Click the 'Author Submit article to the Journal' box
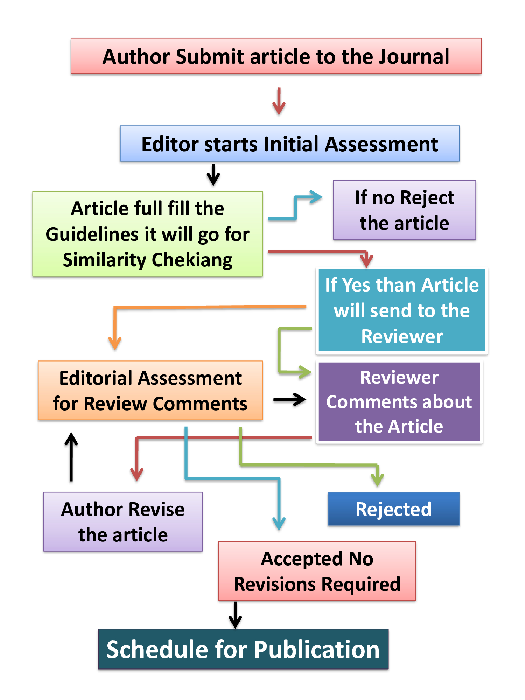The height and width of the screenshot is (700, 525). (x=276, y=56)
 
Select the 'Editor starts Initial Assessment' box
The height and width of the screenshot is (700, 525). (x=289, y=143)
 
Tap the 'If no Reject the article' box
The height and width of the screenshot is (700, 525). (x=404, y=210)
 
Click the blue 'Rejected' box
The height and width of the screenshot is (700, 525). (x=393, y=509)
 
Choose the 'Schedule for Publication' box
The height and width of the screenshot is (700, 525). (x=243, y=649)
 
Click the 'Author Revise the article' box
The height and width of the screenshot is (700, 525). (x=123, y=522)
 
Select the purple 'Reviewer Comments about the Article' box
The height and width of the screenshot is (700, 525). (x=399, y=402)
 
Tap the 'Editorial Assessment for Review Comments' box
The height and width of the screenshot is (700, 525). (x=150, y=391)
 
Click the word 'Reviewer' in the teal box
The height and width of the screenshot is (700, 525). (x=402, y=336)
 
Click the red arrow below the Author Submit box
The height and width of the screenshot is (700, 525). (x=279, y=102)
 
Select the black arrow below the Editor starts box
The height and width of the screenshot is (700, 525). (x=213, y=175)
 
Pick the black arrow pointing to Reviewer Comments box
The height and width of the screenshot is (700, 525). (x=290, y=399)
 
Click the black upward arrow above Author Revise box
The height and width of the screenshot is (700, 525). (x=71, y=456)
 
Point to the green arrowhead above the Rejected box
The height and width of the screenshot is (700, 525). (x=377, y=479)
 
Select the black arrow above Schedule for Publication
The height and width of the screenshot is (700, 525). (x=235, y=615)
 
